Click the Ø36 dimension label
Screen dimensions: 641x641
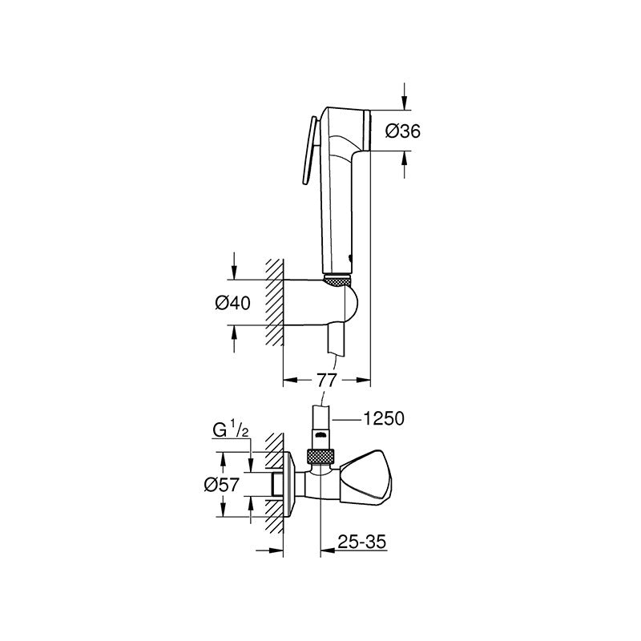(x=403, y=131)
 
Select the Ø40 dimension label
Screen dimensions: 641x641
(x=232, y=303)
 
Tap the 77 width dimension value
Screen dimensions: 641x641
(x=326, y=380)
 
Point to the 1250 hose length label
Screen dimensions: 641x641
(x=384, y=418)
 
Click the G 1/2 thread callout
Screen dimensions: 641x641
(x=231, y=430)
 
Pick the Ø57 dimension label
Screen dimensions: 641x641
(x=222, y=485)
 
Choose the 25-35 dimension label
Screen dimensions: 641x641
(x=362, y=542)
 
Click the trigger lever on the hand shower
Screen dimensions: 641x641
(x=311, y=151)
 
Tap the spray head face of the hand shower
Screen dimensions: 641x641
(x=367, y=130)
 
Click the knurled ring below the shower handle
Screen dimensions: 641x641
(x=337, y=280)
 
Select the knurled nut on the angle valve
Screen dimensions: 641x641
(x=320, y=456)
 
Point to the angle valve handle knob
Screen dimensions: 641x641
(x=367, y=478)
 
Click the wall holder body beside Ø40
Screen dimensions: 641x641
(x=321, y=303)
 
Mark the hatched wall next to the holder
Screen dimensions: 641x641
(x=274, y=302)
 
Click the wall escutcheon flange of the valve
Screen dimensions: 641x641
(x=290, y=485)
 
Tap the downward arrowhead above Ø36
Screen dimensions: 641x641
(x=405, y=103)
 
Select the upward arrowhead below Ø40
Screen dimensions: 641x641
(x=234, y=333)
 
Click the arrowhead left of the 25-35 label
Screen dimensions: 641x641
(x=328, y=550)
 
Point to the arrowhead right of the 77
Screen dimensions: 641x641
(x=363, y=380)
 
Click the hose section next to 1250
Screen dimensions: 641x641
(x=321, y=417)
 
